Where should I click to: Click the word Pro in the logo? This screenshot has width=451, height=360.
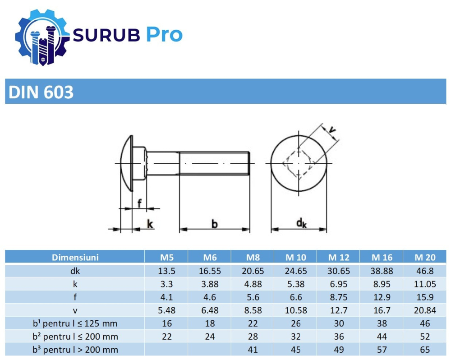coord(164,35)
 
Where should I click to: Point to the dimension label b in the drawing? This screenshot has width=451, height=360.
coord(215,223)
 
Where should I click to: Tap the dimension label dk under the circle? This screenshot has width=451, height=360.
coord(301,222)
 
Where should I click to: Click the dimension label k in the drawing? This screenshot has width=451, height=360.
coord(150,223)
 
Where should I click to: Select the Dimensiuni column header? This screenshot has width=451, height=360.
coord(75,258)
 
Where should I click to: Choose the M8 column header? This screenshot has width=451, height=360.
coord(253,258)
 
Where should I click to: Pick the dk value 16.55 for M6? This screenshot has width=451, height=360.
coord(210,271)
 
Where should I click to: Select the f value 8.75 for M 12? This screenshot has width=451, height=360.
coord(338,297)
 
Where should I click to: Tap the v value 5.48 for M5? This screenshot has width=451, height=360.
coord(166,310)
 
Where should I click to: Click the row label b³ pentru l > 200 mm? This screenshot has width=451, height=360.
coord(75,350)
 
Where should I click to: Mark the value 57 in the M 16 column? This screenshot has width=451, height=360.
coord(382,350)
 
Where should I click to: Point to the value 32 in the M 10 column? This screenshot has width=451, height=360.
coord(295,337)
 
